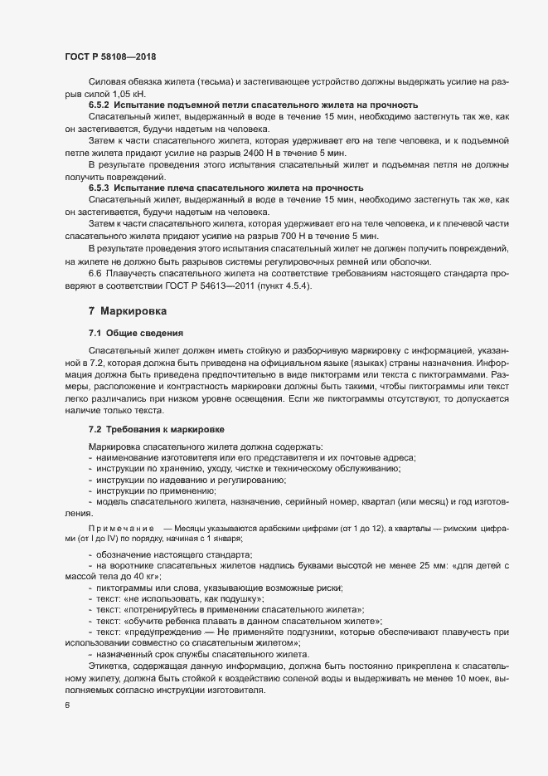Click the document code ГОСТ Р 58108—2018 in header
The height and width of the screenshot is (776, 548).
[110, 57]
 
